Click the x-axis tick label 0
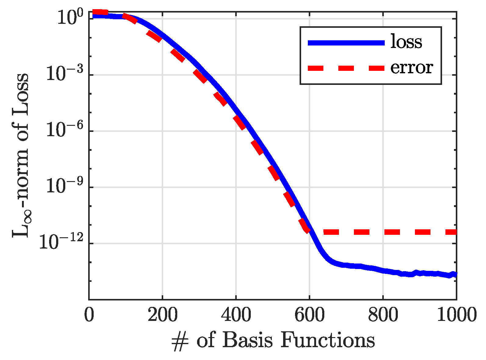[x=89, y=315]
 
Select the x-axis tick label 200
[x=162, y=315]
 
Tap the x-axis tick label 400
[x=236, y=315]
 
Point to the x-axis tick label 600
[x=309, y=315]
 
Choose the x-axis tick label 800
[x=383, y=315]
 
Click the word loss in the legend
[x=406, y=42]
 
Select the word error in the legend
[x=412, y=68]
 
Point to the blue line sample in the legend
[x=346, y=43]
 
